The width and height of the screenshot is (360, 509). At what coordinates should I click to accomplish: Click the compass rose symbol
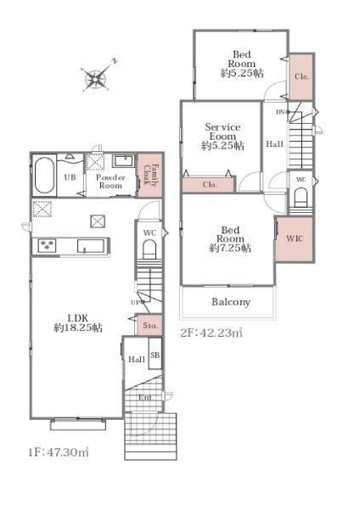96,78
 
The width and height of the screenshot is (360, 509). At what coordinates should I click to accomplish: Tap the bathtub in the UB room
44,176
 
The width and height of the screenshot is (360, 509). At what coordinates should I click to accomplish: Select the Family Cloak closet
150,176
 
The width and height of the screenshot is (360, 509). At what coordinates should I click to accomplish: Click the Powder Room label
110,182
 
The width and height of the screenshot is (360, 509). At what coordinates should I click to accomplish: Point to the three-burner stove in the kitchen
47,245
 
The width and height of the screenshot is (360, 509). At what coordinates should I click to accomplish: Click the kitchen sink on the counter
91,246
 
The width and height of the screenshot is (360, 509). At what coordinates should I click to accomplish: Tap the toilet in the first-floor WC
149,249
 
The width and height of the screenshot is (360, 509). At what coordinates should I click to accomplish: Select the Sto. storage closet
149,325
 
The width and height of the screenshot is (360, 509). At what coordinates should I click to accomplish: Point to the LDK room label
78,322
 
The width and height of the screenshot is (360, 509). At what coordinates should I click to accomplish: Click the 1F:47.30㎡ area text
59,452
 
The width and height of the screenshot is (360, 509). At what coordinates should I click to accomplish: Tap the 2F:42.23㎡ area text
211,333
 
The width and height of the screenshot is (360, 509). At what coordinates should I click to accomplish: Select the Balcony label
231,302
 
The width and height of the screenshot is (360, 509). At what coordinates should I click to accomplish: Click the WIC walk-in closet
295,239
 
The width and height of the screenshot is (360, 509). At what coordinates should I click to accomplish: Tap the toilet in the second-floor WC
301,199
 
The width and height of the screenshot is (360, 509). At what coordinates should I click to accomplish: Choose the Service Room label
223,137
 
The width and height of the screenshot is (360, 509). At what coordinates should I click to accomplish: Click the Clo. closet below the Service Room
208,184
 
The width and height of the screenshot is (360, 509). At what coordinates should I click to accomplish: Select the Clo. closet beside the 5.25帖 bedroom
301,76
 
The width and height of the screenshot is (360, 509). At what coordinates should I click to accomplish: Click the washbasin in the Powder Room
123,161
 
